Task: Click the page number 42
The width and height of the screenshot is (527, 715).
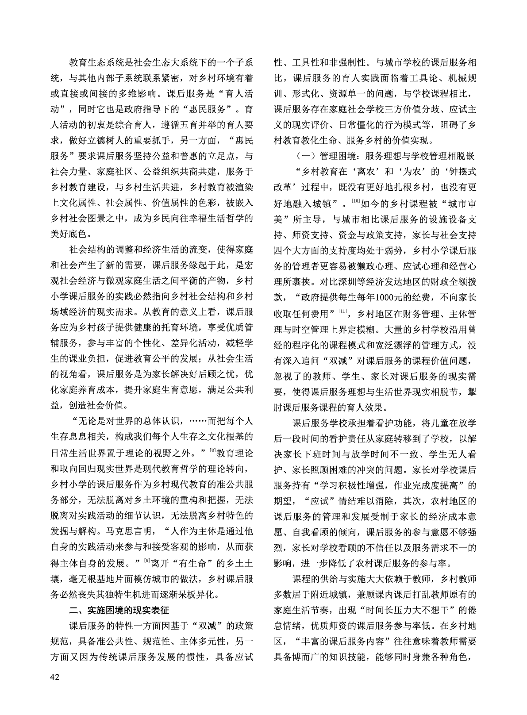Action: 55,677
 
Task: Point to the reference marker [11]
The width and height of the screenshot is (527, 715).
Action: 342,312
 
